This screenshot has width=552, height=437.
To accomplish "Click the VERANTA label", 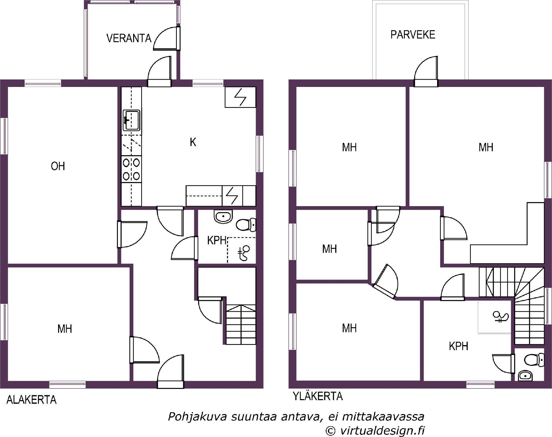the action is tap(129, 38).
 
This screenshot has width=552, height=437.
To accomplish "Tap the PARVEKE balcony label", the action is tap(413, 35).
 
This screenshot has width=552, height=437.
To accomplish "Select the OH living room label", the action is tap(58, 166).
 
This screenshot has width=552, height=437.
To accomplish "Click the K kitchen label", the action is tap(193, 142).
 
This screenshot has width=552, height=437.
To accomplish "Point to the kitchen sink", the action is tap(132, 120).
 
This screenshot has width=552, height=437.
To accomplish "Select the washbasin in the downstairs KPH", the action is tap(223, 217).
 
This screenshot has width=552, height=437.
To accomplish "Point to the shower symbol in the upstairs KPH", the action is tap(501, 317).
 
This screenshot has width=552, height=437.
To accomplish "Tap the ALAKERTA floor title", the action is tap(31, 400).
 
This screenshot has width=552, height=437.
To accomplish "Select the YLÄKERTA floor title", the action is tap(318, 396).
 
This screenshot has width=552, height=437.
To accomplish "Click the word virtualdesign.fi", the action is tap(382, 431).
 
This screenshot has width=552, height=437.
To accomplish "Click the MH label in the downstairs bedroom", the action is tap(65, 329).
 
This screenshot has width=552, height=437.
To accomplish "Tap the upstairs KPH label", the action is tap(459, 346).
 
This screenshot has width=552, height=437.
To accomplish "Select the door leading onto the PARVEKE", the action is tap(426, 71).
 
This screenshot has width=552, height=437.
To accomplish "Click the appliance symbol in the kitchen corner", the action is tap(240, 97).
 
